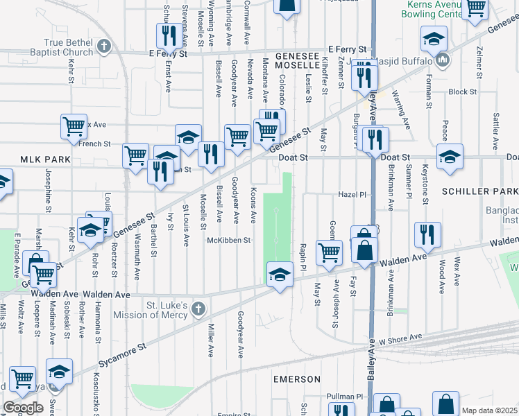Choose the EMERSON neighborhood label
coord(297,379)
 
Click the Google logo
coord(24,407)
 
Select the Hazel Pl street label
coord(352,195)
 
